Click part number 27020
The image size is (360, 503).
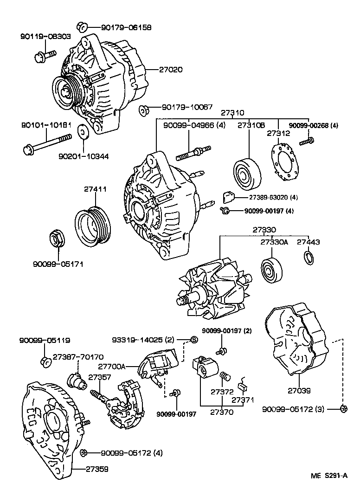point(171,69)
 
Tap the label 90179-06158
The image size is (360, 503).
point(126,27)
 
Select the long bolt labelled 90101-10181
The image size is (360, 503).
point(47,143)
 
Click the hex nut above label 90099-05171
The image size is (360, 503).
point(58,238)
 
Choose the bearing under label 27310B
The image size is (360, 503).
point(247,174)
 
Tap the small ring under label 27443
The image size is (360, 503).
point(309,258)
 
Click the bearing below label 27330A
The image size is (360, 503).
point(271,270)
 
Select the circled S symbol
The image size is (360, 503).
point(193,339)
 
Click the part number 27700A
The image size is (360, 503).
point(111,366)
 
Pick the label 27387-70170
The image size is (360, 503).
point(78,356)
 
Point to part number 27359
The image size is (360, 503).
point(97,469)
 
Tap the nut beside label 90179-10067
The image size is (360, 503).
point(143,110)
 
